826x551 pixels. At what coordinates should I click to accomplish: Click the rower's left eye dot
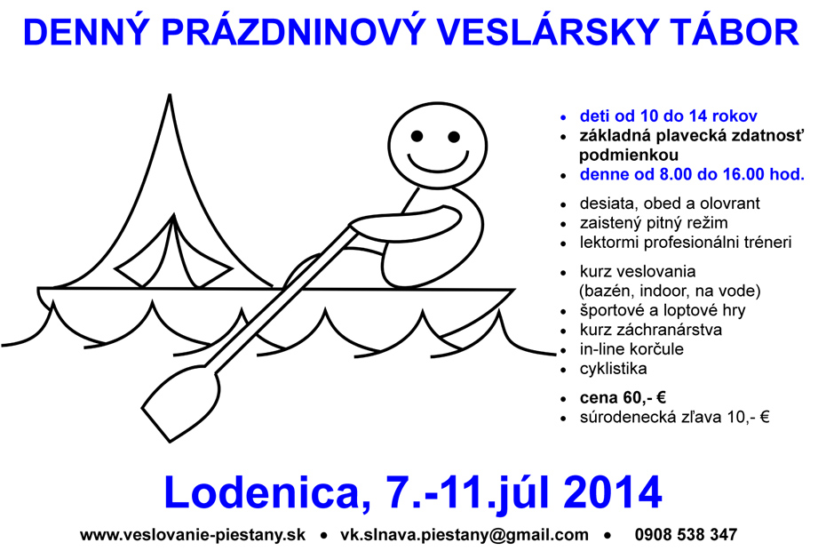pos(417,137)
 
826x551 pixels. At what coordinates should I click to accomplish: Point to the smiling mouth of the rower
pos(438,163)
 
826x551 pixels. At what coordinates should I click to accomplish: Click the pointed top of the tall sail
pos(170,95)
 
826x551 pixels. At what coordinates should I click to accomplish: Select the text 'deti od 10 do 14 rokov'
pos(669,116)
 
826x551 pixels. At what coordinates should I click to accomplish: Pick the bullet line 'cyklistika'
pos(613,369)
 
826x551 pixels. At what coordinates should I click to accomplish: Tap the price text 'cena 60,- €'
pos(623,397)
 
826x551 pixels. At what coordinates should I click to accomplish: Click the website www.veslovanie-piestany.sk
pos(193,535)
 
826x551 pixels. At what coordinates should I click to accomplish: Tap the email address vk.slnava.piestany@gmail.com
pos(465,535)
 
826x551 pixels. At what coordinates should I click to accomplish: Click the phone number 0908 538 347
pos(686,535)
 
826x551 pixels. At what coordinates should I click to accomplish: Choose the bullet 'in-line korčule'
pos(631,349)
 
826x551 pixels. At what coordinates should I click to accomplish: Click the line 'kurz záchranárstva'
pos(650,330)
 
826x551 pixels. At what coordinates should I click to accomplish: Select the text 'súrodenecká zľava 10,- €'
pos(675,418)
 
